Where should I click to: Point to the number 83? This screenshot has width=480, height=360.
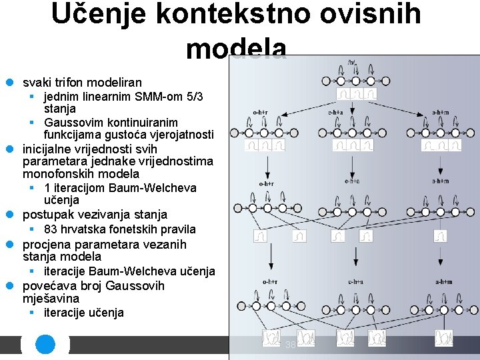tap(51, 229)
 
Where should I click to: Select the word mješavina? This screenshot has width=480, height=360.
tap(51, 299)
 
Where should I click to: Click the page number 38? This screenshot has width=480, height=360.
tap(290, 345)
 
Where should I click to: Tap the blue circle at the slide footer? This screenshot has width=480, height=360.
tap(45, 345)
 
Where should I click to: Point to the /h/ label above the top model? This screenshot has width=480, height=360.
tap(352, 63)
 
